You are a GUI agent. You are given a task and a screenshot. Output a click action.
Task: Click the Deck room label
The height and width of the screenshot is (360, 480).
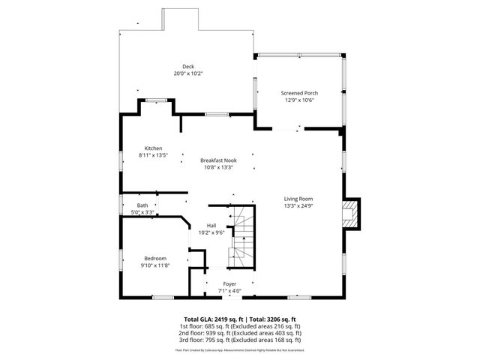click(x=177, y=67)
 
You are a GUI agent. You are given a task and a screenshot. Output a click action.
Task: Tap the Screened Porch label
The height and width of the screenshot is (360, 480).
click(x=300, y=93)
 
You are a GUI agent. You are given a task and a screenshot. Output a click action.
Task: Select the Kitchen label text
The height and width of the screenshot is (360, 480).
click(x=154, y=148)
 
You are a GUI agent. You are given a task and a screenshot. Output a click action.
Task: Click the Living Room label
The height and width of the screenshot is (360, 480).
click(x=298, y=199)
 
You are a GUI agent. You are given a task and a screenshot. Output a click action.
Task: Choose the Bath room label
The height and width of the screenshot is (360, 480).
click(x=142, y=205)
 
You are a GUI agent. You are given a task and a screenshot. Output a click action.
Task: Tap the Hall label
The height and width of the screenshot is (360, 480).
click(x=211, y=226)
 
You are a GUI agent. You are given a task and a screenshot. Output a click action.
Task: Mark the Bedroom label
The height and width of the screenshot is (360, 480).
click(x=155, y=259)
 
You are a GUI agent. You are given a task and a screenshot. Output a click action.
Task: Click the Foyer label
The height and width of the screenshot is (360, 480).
click(x=229, y=283)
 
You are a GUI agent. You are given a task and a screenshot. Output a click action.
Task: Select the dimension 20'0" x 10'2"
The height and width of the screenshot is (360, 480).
click(x=177, y=73)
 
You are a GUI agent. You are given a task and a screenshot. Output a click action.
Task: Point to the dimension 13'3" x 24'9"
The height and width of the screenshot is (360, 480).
click(x=298, y=205)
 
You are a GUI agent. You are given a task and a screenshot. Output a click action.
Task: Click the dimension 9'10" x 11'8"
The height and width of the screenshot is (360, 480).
click(x=155, y=265)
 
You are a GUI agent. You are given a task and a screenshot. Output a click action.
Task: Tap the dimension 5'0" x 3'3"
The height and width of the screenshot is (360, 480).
click(x=142, y=212)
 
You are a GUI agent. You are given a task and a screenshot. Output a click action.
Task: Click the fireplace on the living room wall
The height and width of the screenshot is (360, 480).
click(x=351, y=214)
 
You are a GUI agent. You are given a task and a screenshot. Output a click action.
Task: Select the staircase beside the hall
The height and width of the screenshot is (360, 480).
click(x=242, y=236)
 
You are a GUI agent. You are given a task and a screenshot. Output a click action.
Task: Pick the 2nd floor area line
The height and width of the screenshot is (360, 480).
click(x=239, y=333)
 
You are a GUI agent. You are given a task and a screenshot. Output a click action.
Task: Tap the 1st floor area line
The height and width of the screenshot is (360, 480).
click(x=239, y=326)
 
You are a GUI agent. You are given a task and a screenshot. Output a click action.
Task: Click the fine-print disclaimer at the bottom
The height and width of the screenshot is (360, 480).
click(x=239, y=349)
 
